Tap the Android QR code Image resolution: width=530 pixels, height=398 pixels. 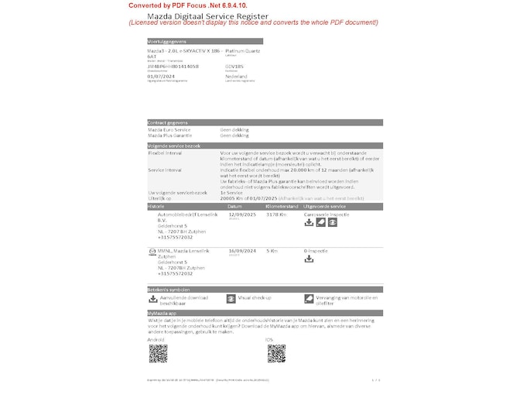pyautogui.click(x=158, y=354)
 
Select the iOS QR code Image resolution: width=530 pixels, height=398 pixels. pyautogui.click(x=276, y=354)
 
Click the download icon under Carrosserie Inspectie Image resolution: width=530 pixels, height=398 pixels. pyautogui.click(x=309, y=222)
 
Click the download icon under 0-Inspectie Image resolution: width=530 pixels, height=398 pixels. pyautogui.click(x=309, y=259)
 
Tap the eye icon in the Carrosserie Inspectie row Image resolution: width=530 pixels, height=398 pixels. pyautogui.click(x=332, y=222)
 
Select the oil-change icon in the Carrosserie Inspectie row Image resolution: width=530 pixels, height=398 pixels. pyautogui.click(x=320, y=222)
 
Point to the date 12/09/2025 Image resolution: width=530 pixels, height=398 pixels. pyautogui.click(x=242, y=214)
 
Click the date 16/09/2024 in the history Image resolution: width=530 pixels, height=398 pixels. pyautogui.click(x=242, y=251)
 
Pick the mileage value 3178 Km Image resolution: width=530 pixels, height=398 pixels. pyautogui.click(x=275, y=214)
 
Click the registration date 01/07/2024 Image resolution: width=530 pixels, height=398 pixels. pyautogui.click(x=161, y=77)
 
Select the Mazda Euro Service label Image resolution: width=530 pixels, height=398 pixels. pyautogui.click(x=168, y=129)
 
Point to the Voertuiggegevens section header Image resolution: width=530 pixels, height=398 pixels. pyautogui.click(x=166, y=41)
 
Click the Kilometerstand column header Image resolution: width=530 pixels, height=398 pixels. pyautogui.click(x=282, y=207)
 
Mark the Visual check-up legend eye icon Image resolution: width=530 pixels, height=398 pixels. pyautogui.click(x=231, y=298)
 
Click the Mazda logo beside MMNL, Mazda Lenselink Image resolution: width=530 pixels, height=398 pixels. pyautogui.click(x=152, y=252)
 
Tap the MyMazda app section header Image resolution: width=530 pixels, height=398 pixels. pyautogui.click(x=163, y=312)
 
